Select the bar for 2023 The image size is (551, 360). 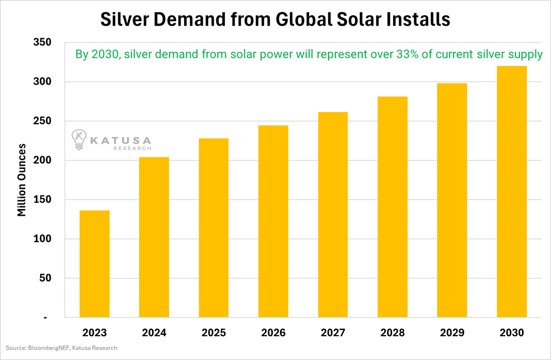pos(95,264)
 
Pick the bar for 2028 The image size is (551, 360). pos(393,207)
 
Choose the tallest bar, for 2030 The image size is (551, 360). pos(512,191)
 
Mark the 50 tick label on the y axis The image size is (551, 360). pos(45,278)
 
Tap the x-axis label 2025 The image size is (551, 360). pos(214,332)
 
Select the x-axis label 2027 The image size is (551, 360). pos(333,332)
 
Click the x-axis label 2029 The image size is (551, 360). pos(452,332)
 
